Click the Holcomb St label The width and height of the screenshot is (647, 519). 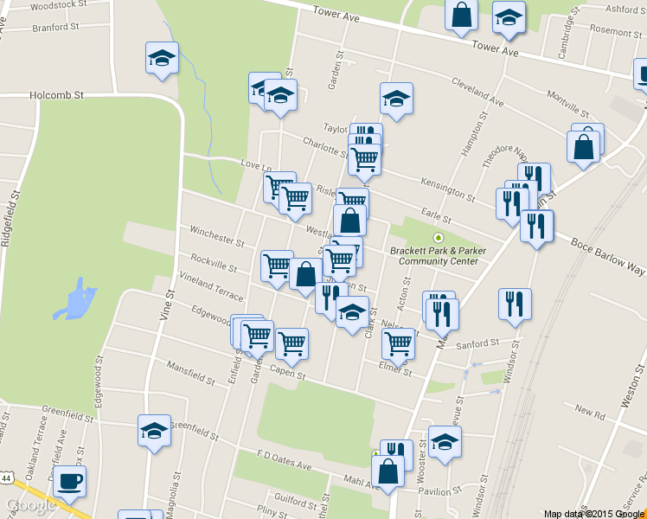(56, 95)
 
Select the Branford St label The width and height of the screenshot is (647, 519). (55, 27)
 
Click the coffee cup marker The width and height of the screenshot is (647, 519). (69, 481)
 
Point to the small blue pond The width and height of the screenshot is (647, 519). (77, 299)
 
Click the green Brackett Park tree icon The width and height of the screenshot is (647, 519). (439, 237)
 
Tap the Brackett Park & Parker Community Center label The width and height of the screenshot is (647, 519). (433, 256)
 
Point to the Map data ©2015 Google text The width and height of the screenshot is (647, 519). (594, 514)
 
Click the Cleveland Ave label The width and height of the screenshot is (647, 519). (477, 97)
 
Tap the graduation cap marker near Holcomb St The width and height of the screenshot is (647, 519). (161, 58)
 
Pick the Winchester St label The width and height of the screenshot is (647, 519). (217, 235)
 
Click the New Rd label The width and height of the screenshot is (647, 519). (588, 413)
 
